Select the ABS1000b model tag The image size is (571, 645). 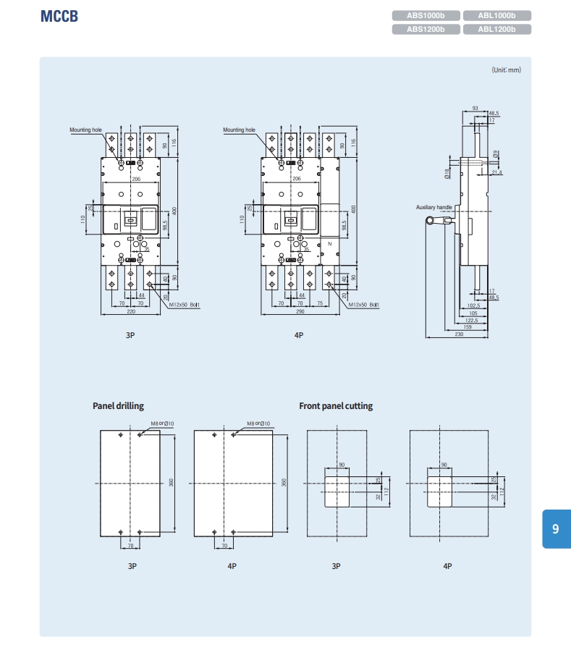(x=426, y=15)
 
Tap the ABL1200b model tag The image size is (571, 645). (x=496, y=30)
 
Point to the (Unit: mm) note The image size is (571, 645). (x=506, y=70)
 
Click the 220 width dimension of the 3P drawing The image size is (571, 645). (x=131, y=312)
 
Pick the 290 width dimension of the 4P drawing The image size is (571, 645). (x=299, y=312)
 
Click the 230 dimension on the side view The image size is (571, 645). (x=459, y=334)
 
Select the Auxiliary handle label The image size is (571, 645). (x=434, y=208)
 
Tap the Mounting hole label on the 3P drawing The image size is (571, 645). (x=85, y=130)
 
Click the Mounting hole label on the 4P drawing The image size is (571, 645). (x=239, y=130)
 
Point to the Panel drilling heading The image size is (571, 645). (x=118, y=406)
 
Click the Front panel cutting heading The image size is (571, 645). (x=336, y=406)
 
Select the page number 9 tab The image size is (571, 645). (x=555, y=529)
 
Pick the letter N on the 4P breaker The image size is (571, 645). (x=329, y=244)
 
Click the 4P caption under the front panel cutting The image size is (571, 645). (x=447, y=566)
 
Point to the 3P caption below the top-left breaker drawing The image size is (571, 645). (x=130, y=336)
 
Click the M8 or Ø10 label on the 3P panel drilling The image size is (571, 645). (x=162, y=423)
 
